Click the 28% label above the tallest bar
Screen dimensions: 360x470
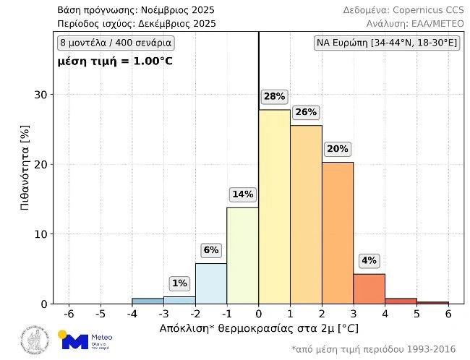coord(274,96)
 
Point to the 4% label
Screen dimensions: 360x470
coord(369,261)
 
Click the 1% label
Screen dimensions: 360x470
coord(179,283)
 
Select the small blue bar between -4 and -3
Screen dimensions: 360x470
coord(148,301)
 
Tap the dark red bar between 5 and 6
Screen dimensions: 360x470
coord(432,302)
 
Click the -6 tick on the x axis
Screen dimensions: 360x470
coord(69,314)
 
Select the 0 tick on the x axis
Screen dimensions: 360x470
coord(259,314)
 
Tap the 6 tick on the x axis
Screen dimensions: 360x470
coord(448,314)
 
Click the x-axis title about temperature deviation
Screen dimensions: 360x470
coord(258,329)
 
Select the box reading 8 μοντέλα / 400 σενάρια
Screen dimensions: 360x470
coord(116,43)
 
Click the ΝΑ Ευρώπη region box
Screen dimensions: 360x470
coord(387,43)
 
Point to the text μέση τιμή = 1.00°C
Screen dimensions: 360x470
coord(115,61)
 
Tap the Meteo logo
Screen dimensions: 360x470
coord(85,340)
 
